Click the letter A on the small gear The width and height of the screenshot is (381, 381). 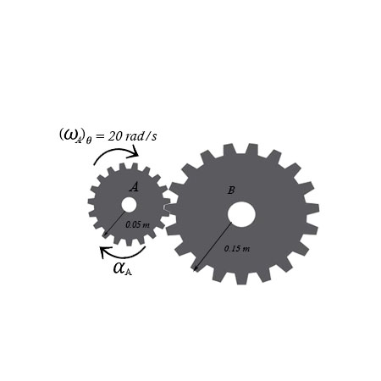click(x=134, y=187)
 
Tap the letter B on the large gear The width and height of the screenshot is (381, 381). click(x=230, y=190)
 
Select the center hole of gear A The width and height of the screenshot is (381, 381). click(x=129, y=205)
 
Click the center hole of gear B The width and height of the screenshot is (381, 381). click(x=241, y=214)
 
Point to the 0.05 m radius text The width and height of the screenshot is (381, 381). click(x=137, y=225)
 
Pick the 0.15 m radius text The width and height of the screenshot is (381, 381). click(x=236, y=248)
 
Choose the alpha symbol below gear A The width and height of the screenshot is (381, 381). click(x=121, y=269)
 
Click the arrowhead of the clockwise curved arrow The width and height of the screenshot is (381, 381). click(x=135, y=152)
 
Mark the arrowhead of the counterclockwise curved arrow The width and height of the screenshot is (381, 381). click(x=104, y=251)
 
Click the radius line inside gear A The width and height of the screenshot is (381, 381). click(x=114, y=223)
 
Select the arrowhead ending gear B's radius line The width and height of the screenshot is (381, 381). click(x=196, y=268)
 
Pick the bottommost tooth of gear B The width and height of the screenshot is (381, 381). click(x=240, y=279)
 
